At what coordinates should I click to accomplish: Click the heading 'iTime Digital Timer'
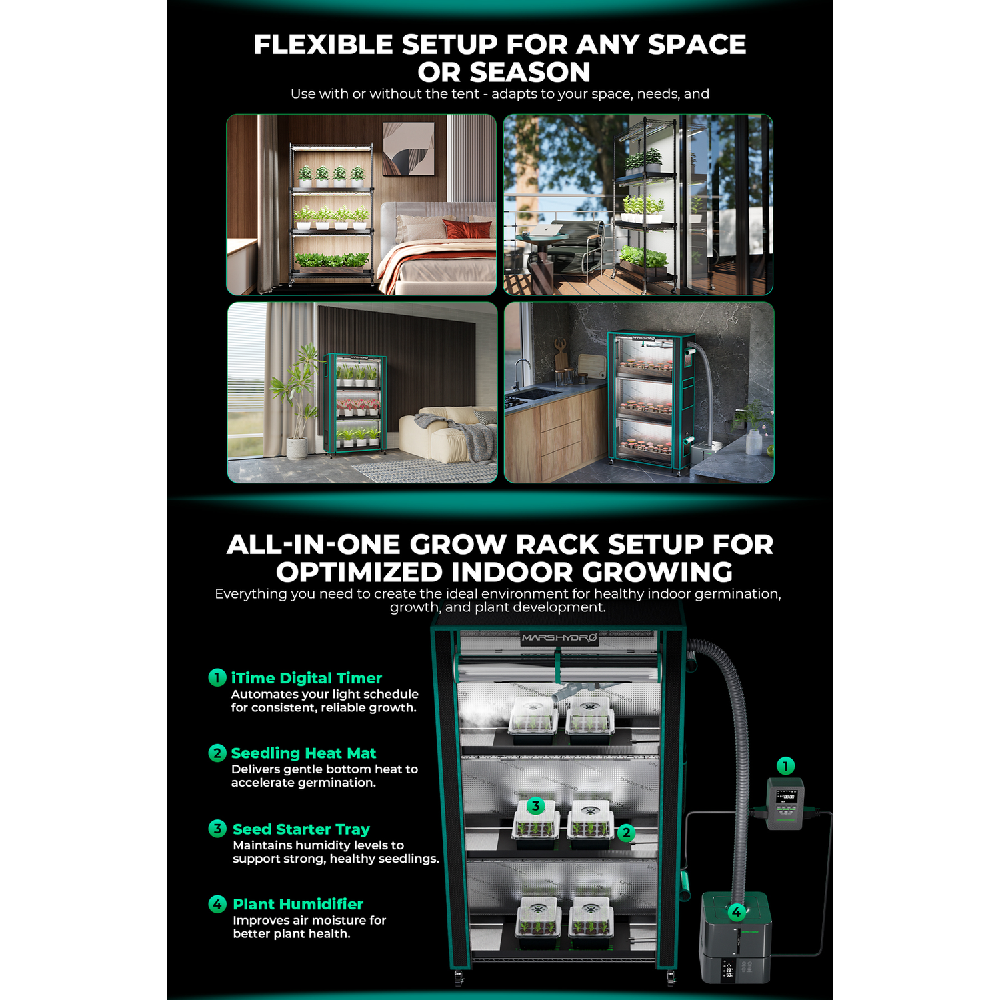click(x=307, y=678)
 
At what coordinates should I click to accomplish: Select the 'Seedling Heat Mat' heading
click(x=303, y=753)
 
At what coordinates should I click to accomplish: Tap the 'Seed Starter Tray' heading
click(x=301, y=829)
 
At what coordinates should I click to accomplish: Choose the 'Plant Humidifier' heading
click(x=298, y=904)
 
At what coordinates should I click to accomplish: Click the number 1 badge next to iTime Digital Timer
click(x=217, y=677)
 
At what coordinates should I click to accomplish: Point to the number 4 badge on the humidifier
click(x=737, y=911)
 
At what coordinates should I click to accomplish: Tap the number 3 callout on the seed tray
click(x=535, y=806)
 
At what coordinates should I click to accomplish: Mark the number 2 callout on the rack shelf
click(x=625, y=833)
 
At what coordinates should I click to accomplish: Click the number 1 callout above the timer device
click(x=786, y=766)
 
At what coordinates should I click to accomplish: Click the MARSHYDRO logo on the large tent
click(x=559, y=638)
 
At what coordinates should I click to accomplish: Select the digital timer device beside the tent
click(x=785, y=803)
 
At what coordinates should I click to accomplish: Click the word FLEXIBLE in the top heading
click(x=323, y=45)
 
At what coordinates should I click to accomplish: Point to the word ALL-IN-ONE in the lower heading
click(x=313, y=545)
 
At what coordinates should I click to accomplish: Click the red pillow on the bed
click(x=467, y=229)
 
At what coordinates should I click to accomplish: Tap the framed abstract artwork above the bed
click(x=409, y=149)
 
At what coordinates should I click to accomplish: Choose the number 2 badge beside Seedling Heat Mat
click(x=217, y=753)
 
